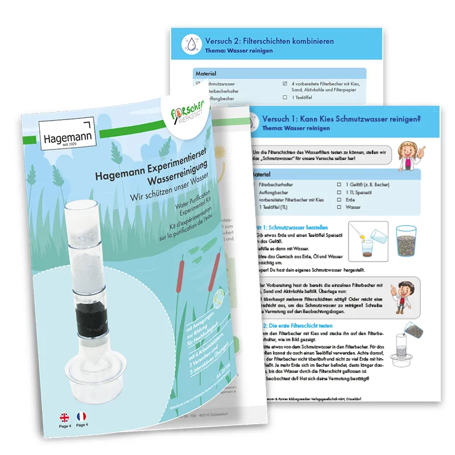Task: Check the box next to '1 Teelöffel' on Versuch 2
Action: (286, 97)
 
